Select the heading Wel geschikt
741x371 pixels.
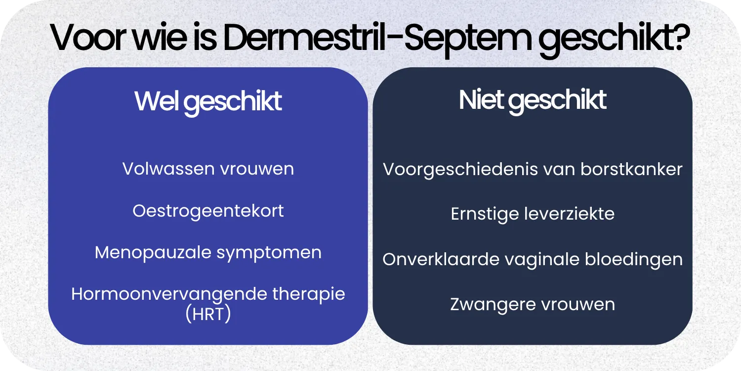pyautogui.click(x=208, y=101)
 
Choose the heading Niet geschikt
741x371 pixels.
pyautogui.click(x=533, y=100)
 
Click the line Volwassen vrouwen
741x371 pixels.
pyautogui.click(x=208, y=169)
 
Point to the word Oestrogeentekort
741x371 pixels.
pyautogui.click(x=208, y=211)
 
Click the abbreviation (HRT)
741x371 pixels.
pyautogui.click(x=208, y=315)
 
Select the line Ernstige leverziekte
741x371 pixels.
pyautogui.click(x=533, y=214)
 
